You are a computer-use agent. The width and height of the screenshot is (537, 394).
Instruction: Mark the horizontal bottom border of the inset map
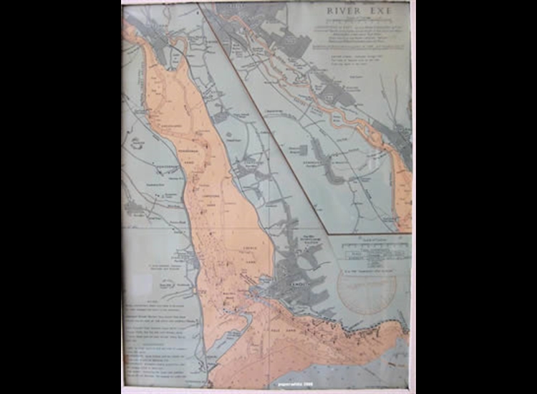(x=369, y=234)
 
